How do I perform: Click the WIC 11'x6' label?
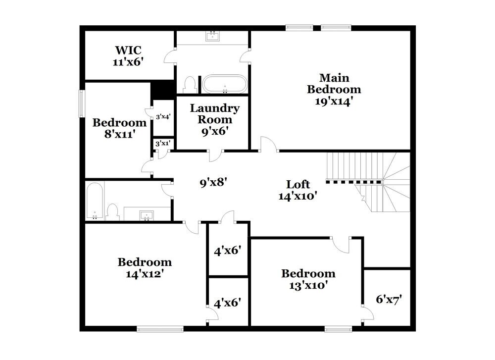click(x=128, y=55)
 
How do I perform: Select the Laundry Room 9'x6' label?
click(x=215, y=119)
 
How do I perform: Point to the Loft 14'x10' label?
click(x=298, y=190)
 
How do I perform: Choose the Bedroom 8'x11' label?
click(x=119, y=128)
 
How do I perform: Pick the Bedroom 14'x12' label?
click(x=145, y=267)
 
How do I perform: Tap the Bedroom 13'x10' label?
click(x=308, y=279)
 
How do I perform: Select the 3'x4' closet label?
click(x=163, y=117)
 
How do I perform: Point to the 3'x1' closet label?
click(x=163, y=144)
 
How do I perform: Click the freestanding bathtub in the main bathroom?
click(x=225, y=84)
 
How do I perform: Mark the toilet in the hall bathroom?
click(x=113, y=212)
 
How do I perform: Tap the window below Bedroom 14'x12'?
click(x=159, y=328)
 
